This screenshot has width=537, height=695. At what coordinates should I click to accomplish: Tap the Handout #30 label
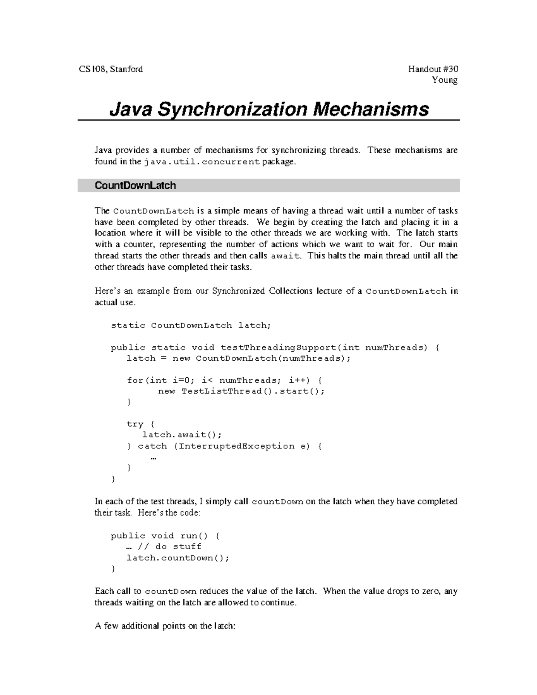coord(433,69)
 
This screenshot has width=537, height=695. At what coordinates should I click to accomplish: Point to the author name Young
coord(444,80)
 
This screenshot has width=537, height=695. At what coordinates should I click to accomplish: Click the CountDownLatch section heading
coord(135,186)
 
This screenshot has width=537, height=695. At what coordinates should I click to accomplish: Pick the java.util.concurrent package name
coord(202,162)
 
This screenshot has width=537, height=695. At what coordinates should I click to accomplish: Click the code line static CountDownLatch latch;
coord(191,326)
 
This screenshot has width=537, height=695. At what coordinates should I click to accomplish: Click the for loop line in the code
coord(224,380)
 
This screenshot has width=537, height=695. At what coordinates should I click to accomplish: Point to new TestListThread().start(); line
coord(241,392)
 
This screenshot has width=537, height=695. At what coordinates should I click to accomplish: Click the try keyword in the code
coord(135,424)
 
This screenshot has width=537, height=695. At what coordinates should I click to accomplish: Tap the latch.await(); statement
coord(182,435)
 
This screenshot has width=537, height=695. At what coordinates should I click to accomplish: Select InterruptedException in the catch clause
coord(237,446)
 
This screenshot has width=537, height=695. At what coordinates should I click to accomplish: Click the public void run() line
coord(165,536)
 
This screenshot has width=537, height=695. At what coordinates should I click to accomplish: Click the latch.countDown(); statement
coord(178,558)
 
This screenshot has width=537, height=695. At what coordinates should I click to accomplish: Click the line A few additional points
coord(165,626)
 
